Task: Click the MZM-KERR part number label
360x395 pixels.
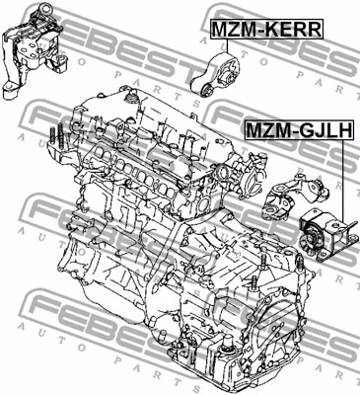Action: (x=266, y=30)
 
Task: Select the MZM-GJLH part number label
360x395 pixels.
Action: (x=300, y=129)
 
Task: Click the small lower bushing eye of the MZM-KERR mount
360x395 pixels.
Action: (x=208, y=89)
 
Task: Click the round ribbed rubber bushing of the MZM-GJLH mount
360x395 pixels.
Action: (x=311, y=239)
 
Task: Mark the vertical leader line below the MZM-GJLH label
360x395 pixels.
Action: (x=343, y=181)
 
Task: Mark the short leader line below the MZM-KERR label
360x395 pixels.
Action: (x=227, y=46)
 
